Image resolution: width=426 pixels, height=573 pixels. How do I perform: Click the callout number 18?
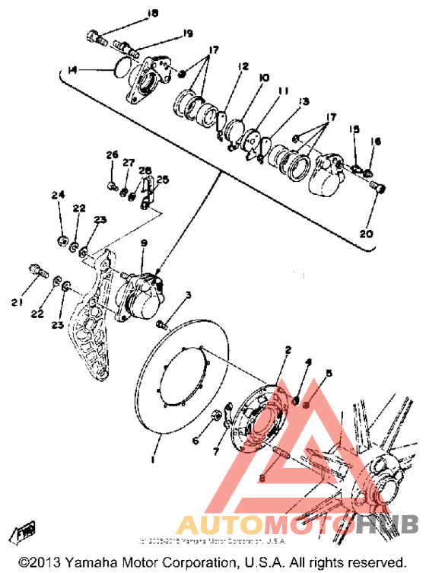[153, 13]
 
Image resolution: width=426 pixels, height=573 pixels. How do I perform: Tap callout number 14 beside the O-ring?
[73, 70]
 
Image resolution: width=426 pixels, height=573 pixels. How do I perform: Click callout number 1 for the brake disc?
[153, 460]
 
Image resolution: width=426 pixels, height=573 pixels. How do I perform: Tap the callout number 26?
[112, 155]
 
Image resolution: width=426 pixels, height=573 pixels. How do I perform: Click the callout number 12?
[243, 66]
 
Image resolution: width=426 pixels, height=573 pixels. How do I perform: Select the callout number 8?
[260, 477]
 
